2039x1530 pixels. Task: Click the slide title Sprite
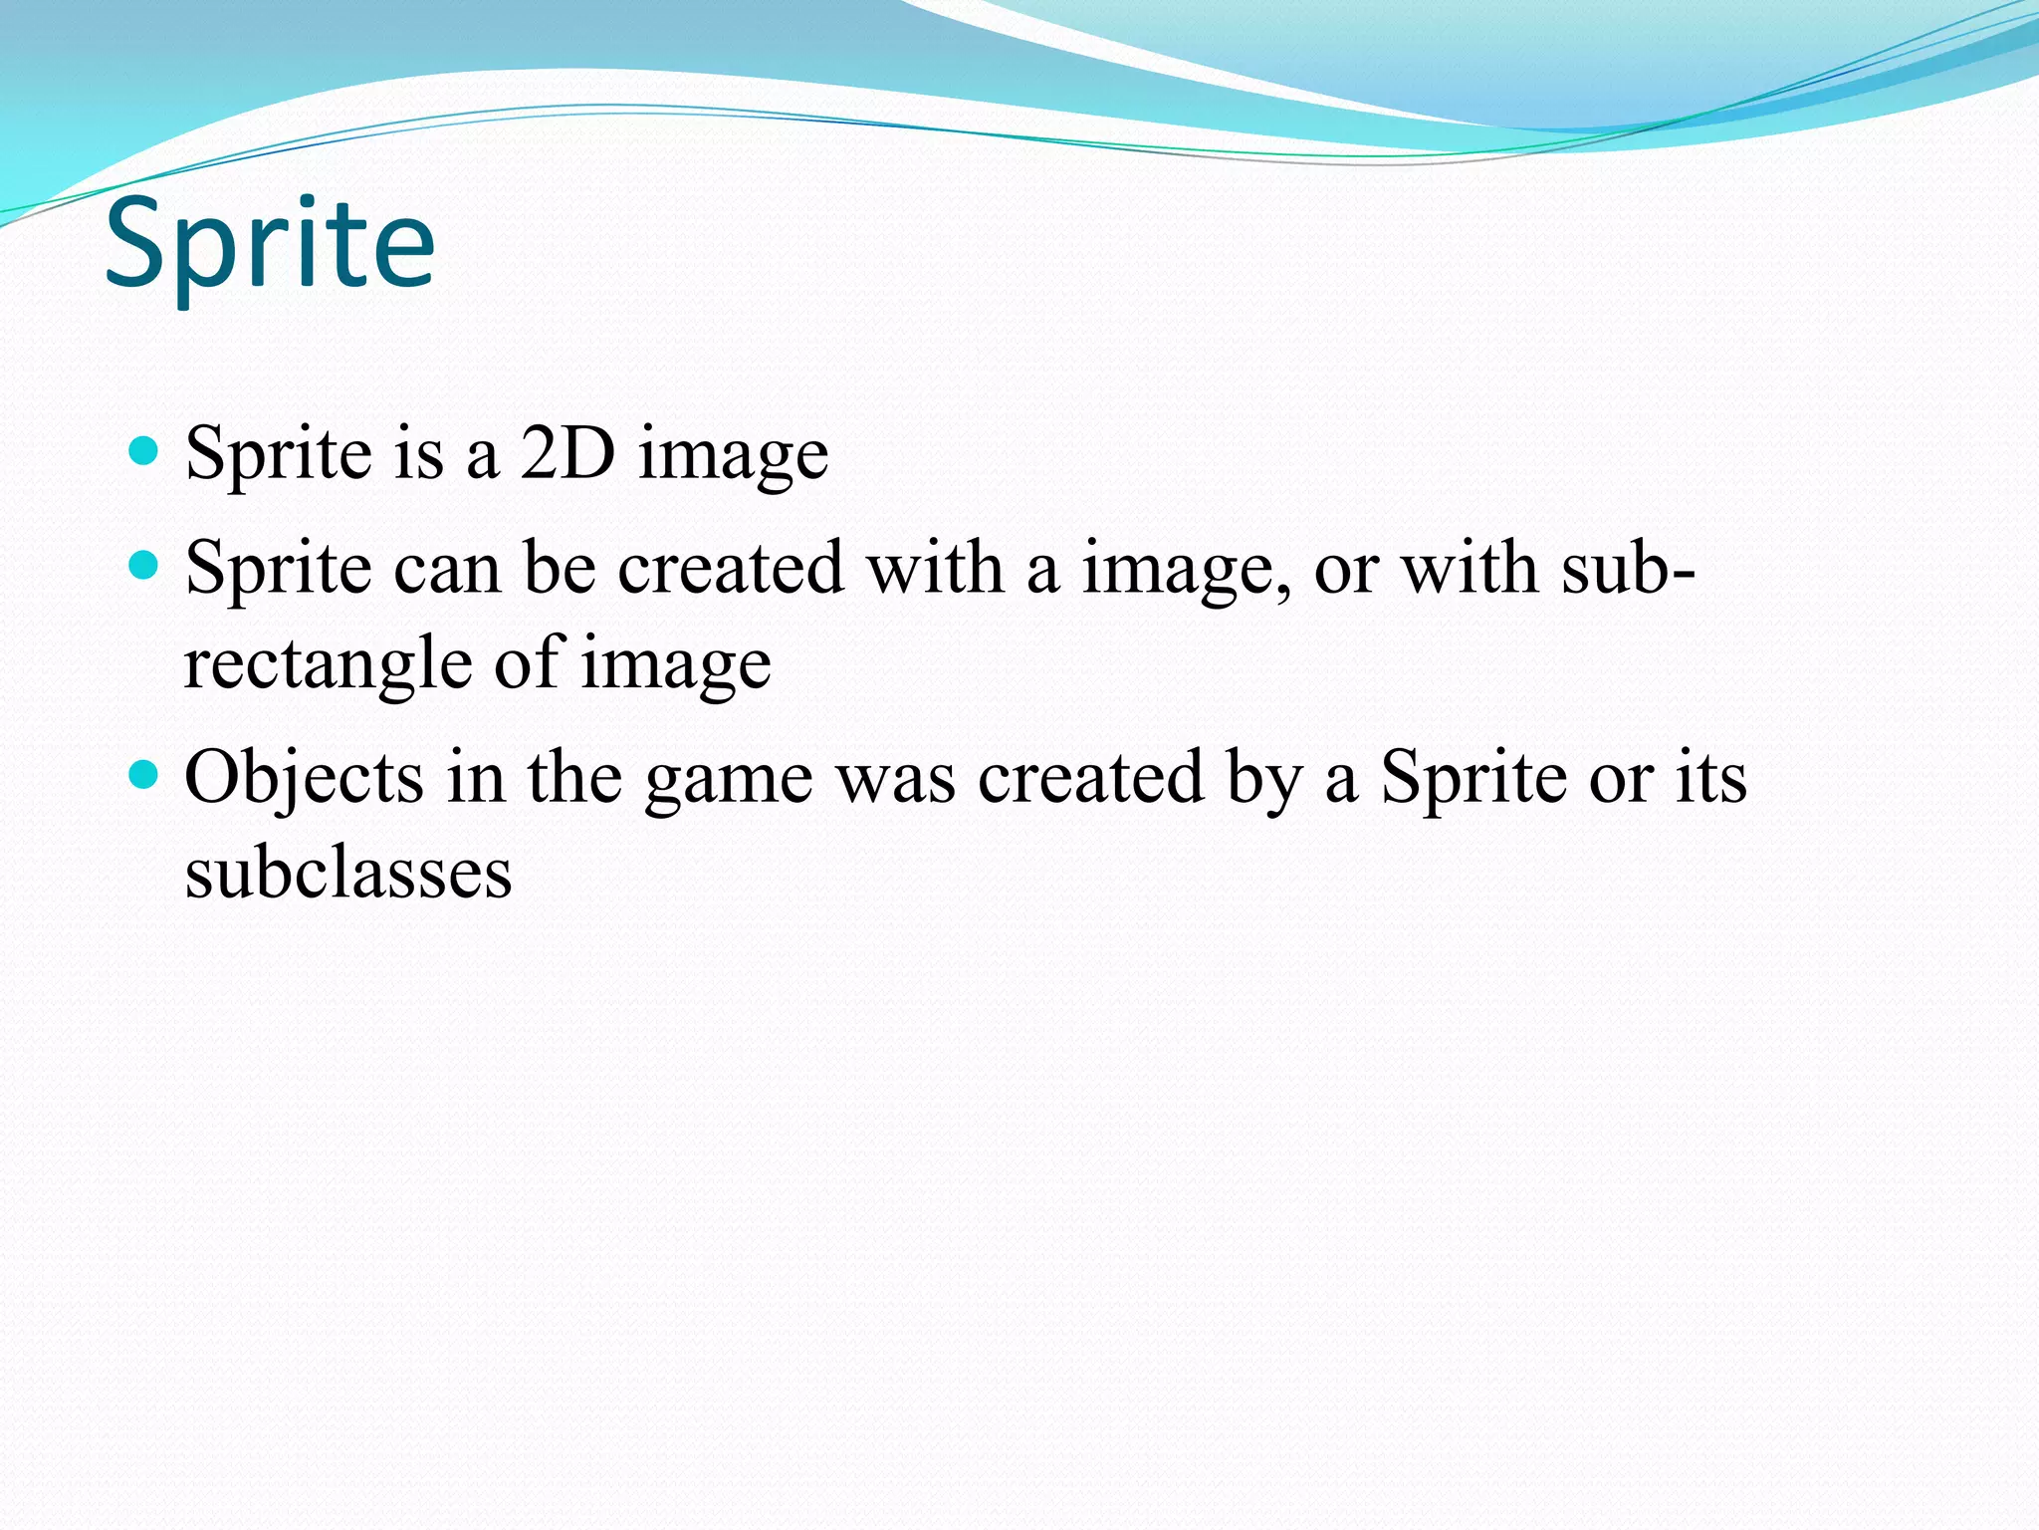tap(270, 244)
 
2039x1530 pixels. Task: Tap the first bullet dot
tap(145, 452)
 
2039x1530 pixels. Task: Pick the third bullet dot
tap(145, 775)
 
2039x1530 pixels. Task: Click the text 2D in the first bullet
tap(567, 453)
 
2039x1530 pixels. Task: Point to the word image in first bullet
tap(733, 456)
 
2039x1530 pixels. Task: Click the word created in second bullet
tap(731, 569)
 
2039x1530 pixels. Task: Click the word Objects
tap(304, 778)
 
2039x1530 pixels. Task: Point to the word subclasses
tap(348, 874)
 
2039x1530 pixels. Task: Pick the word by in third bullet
tap(1264, 780)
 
